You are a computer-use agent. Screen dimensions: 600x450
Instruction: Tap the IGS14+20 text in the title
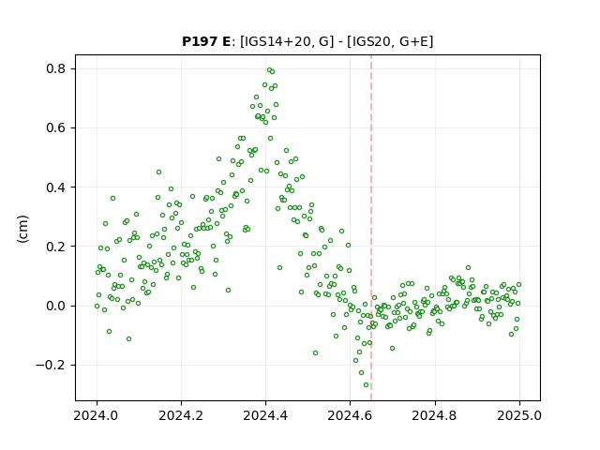pos(273,41)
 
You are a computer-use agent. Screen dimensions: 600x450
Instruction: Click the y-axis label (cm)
pos(22,229)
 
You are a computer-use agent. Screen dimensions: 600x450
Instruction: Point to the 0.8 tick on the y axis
pos(56,68)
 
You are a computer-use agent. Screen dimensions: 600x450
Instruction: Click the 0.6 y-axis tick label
pos(56,127)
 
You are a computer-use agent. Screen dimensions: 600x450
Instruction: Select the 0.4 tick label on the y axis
pos(56,187)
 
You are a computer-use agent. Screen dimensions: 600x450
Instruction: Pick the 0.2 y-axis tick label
pos(56,247)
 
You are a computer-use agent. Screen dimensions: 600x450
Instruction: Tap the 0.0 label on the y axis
pos(56,306)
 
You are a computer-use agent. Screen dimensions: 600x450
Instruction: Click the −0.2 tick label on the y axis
pos(51,365)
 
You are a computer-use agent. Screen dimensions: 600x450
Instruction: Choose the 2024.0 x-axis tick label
pos(97,415)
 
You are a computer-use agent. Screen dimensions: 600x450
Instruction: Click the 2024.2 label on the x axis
pos(181,415)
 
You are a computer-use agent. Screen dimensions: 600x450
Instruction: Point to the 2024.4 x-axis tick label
pos(265,415)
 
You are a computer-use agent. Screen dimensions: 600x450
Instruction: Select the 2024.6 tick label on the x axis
pos(350,415)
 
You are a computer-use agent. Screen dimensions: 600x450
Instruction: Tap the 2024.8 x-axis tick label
pos(435,415)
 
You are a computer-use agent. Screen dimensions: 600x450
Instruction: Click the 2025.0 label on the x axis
pos(519,415)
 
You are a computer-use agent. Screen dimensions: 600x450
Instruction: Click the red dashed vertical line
pos(371,228)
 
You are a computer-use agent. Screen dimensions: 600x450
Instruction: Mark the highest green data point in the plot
pos(269,70)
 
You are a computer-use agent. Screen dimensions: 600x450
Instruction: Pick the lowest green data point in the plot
pos(367,385)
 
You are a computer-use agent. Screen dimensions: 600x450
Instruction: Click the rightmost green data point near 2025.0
pos(518,284)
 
